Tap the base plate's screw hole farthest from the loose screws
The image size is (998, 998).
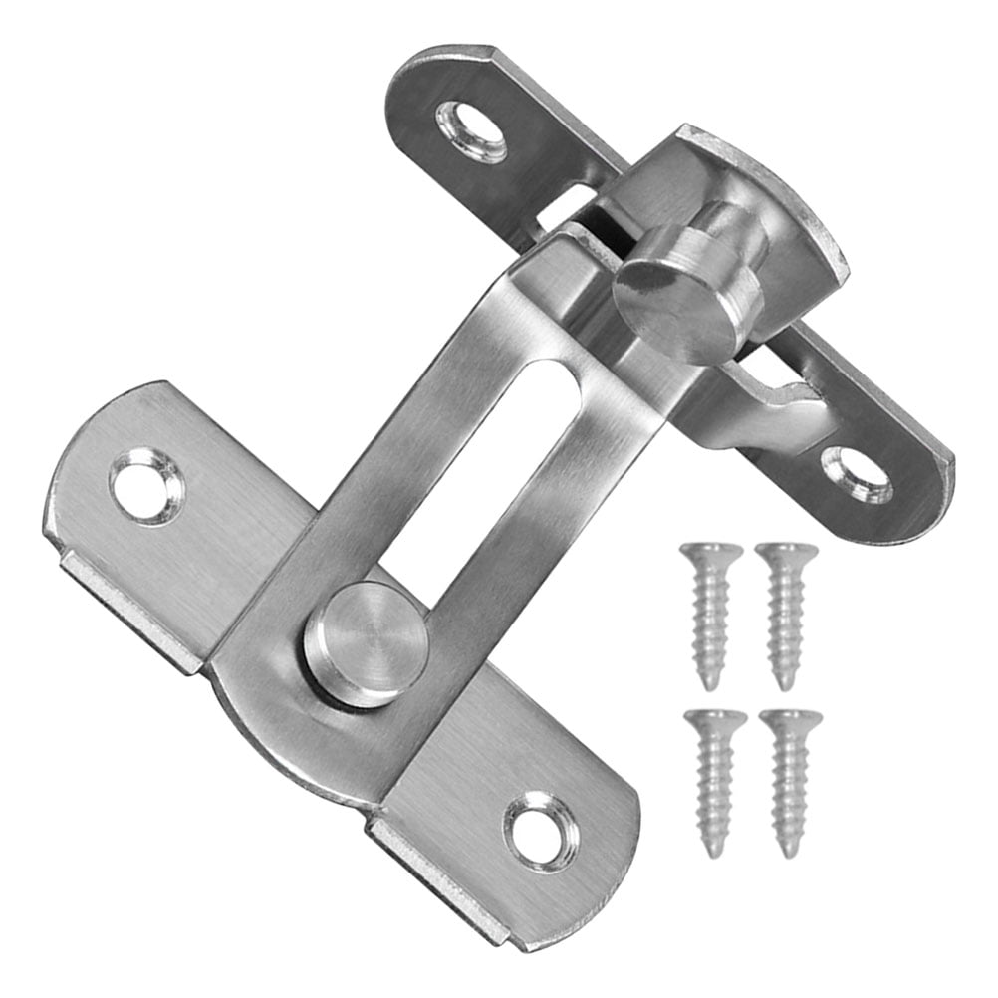point(147,486)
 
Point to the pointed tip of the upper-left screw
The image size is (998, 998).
point(710,685)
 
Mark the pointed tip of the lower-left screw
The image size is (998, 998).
point(714,853)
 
